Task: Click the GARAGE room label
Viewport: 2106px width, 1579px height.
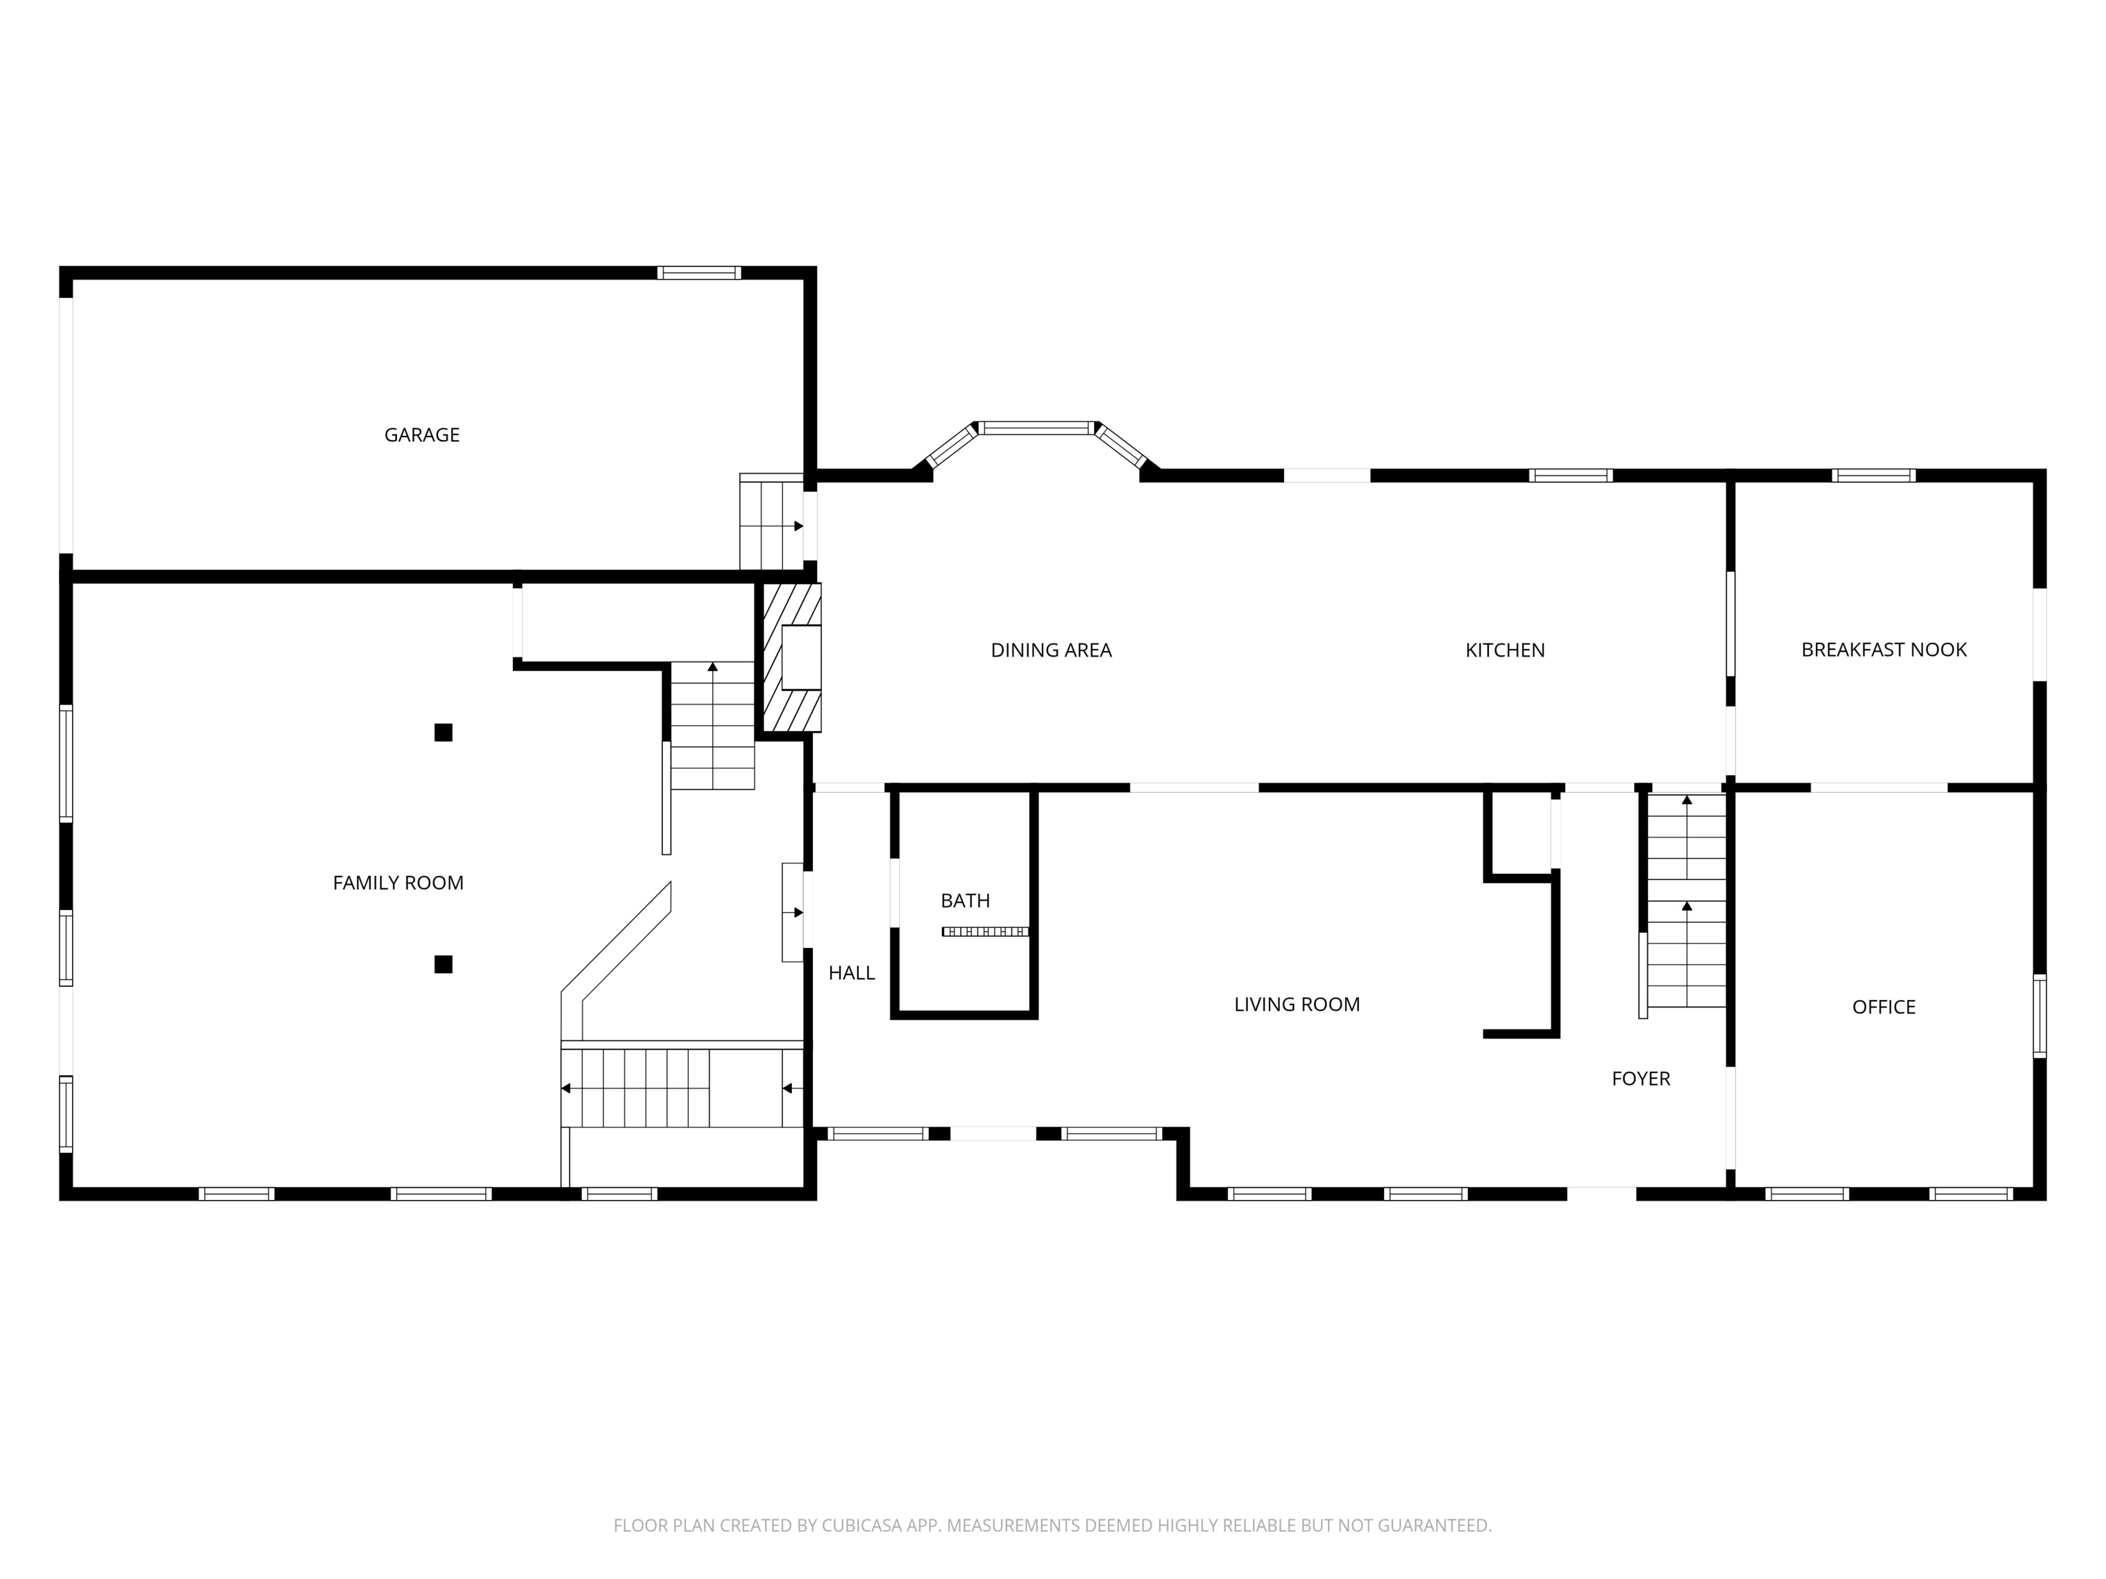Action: (x=422, y=435)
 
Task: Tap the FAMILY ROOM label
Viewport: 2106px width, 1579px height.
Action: (x=398, y=883)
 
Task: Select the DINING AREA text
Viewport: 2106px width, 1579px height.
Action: (x=1051, y=650)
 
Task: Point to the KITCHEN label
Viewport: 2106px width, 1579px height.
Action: (x=1504, y=650)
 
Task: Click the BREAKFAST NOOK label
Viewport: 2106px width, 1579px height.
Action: (x=1883, y=650)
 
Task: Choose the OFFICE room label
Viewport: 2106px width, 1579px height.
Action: (x=1883, y=1007)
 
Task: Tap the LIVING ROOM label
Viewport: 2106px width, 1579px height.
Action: (x=1297, y=1004)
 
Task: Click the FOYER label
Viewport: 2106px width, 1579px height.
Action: (x=1641, y=1078)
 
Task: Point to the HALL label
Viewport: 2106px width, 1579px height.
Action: (x=851, y=972)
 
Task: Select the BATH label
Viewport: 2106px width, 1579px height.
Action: (x=965, y=901)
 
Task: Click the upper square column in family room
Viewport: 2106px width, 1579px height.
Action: (x=443, y=732)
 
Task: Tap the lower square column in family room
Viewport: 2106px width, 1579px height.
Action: (x=443, y=964)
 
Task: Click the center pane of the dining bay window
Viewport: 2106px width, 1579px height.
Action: (x=1036, y=428)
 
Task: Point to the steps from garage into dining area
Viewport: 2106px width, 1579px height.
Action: (x=772, y=522)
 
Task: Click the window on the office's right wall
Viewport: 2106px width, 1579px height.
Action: (x=2040, y=1016)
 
